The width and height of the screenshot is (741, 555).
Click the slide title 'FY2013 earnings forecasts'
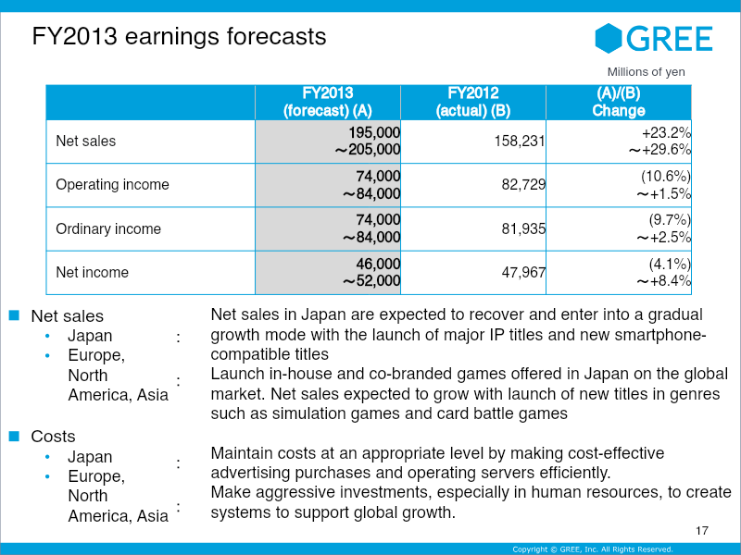pos(179,36)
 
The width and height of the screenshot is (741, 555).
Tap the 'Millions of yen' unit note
pos(646,72)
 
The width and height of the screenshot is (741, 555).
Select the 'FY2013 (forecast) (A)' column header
pos(328,102)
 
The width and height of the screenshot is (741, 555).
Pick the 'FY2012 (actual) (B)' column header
pos(472,102)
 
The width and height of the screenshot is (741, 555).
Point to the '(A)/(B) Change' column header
pos(618,102)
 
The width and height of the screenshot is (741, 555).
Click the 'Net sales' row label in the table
pos(86,142)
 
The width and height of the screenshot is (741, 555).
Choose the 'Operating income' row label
pos(112,185)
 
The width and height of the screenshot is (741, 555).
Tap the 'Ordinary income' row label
pos(108,228)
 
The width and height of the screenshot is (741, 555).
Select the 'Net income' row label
pos(92,272)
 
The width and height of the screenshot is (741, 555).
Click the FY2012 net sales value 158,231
pos(515,142)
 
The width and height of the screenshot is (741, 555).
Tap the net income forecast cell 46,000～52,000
pos(371,272)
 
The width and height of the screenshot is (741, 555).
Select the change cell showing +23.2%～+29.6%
pos(659,142)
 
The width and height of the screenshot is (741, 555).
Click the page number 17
pos(701,531)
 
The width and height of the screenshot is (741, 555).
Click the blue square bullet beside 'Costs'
pos(14,435)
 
